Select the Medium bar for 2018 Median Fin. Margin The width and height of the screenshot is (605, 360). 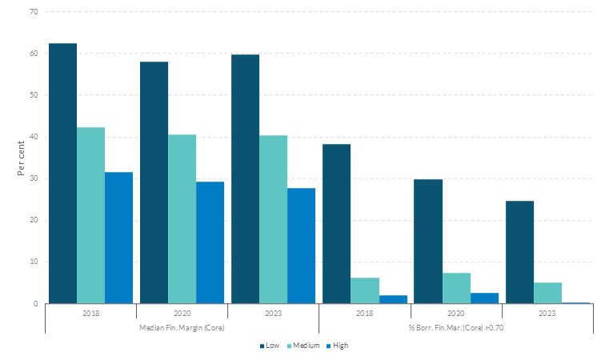coord(90,215)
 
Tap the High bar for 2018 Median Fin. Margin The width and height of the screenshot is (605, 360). coord(118,238)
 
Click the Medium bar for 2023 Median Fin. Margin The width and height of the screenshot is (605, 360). coord(273,219)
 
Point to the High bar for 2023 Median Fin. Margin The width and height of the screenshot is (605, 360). coord(301,246)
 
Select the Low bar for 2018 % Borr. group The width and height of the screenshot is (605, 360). coord(336,224)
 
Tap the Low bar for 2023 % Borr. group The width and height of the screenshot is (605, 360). coord(519,252)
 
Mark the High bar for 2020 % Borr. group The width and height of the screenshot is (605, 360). coord(484,298)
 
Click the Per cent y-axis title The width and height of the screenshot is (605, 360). coord(22,158)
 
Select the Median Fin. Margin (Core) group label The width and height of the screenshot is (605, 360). coord(182,326)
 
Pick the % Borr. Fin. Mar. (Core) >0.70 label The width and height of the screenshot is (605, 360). coord(456,326)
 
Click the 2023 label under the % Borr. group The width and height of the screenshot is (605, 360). coord(548,313)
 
